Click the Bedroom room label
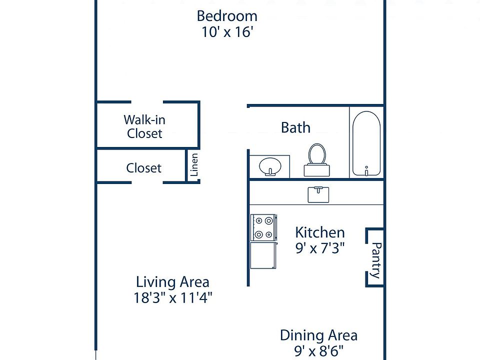click(x=227, y=16)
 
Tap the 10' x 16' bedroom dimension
click(x=227, y=31)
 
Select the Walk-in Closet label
click(x=144, y=126)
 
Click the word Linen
click(x=194, y=164)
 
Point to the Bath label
click(x=295, y=127)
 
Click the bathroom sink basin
click(x=270, y=166)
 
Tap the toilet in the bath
click(x=317, y=160)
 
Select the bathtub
click(x=366, y=143)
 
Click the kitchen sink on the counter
click(x=318, y=194)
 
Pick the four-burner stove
click(x=264, y=227)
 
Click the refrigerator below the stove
click(x=263, y=255)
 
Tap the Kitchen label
click(x=320, y=232)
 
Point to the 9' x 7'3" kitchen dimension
click(x=320, y=248)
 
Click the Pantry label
click(x=376, y=260)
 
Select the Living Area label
click(x=172, y=282)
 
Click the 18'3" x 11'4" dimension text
click(x=172, y=297)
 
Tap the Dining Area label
click(x=318, y=335)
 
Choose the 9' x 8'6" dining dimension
click(x=318, y=351)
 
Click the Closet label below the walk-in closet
click(x=143, y=168)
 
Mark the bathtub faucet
click(x=366, y=171)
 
